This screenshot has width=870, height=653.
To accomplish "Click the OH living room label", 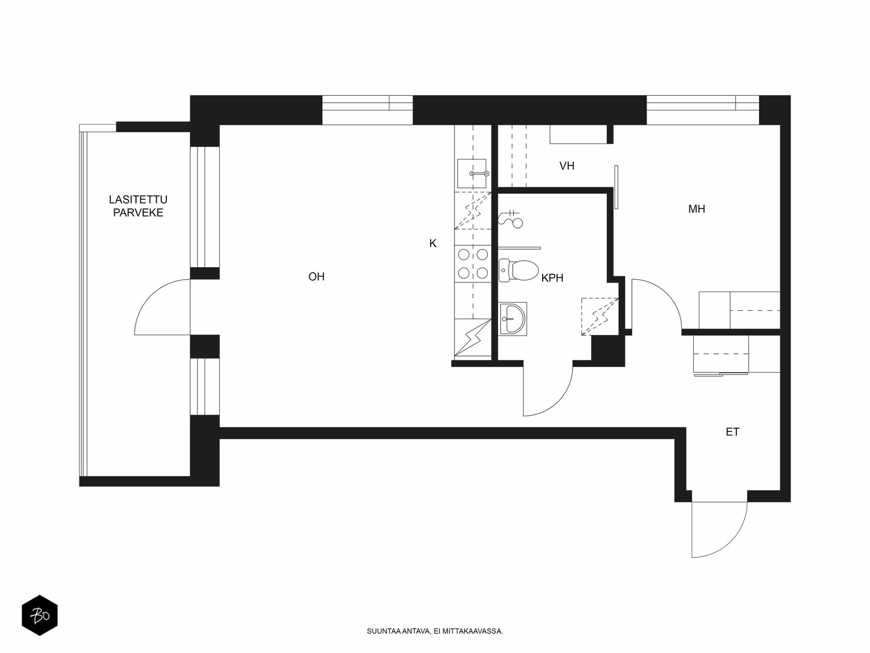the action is point(316,276).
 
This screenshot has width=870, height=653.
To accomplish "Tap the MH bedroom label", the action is point(697,209).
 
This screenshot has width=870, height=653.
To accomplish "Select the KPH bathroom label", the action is point(552,278).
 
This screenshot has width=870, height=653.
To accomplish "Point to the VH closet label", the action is point(567,166).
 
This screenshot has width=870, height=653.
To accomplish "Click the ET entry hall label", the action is point(732,432).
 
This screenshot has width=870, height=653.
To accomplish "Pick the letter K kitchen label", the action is point(433,243).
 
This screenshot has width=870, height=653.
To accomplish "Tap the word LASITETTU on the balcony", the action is point(138,199).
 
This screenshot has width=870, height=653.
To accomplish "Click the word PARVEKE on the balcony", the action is point(138,213).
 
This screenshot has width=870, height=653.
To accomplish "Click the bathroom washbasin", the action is point(513,319).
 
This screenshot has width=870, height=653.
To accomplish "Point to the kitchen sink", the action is point(472,173).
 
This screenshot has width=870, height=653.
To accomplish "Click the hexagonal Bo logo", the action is point(40,615).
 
